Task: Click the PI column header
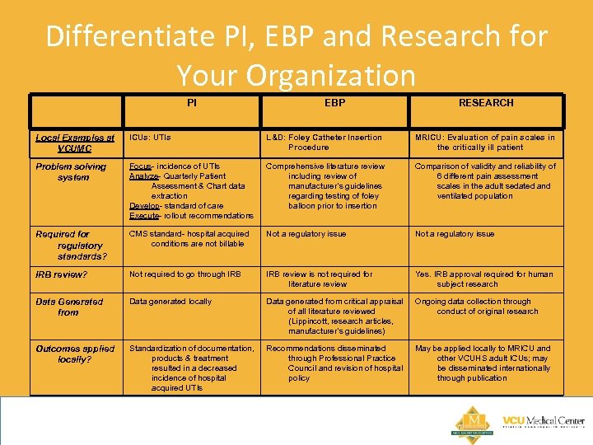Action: point(191,103)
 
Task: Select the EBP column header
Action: point(334,103)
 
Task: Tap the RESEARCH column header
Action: point(486,103)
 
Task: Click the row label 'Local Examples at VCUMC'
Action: point(75,143)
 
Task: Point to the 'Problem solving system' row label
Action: point(72,171)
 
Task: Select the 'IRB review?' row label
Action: point(61,274)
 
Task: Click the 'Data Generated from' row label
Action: point(69,307)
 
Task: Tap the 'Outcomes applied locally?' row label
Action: point(75,354)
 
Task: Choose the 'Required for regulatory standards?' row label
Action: point(72,245)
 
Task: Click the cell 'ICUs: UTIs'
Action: point(150,138)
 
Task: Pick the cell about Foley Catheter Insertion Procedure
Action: point(324,143)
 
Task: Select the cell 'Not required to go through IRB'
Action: point(184,274)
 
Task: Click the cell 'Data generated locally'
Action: point(170,302)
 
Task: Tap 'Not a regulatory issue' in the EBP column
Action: point(306,234)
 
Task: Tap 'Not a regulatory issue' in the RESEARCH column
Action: point(455,234)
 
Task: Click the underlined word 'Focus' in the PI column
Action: point(140,166)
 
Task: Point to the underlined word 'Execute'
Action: point(143,216)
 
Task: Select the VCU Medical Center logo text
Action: point(543,422)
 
